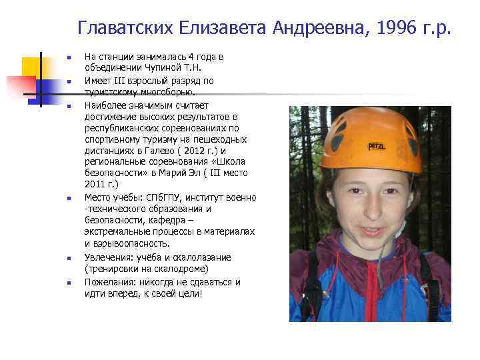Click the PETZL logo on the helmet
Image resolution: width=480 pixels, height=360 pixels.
pyautogui.click(x=378, y=146)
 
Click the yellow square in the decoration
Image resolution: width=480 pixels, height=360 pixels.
pyautogui.click(x=31, y=67)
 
